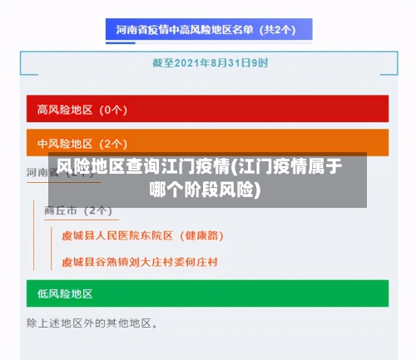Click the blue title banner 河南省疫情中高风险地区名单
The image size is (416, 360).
208,30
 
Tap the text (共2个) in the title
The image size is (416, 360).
279,30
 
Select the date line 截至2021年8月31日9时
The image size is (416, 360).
210,62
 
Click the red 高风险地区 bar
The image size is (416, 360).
208,109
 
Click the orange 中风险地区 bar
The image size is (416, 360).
208,142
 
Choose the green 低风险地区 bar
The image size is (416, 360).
208,293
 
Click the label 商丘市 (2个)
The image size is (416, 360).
78,210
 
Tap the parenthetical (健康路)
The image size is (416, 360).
201,235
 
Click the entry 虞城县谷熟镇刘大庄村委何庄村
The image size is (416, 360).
140,262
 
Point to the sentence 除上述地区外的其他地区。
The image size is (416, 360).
92,322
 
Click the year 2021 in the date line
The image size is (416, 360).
189,62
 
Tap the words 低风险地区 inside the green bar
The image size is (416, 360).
65,293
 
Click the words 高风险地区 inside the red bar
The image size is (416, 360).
65,109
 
